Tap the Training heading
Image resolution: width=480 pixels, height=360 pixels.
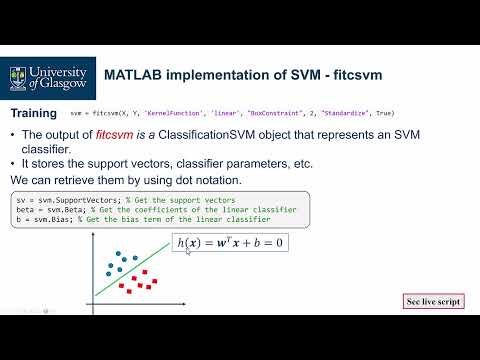click(x=34, y=114)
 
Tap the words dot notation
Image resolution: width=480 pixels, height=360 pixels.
click(x=207, y=180)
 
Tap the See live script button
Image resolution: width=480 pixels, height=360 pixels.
click(x=433, y=299)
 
